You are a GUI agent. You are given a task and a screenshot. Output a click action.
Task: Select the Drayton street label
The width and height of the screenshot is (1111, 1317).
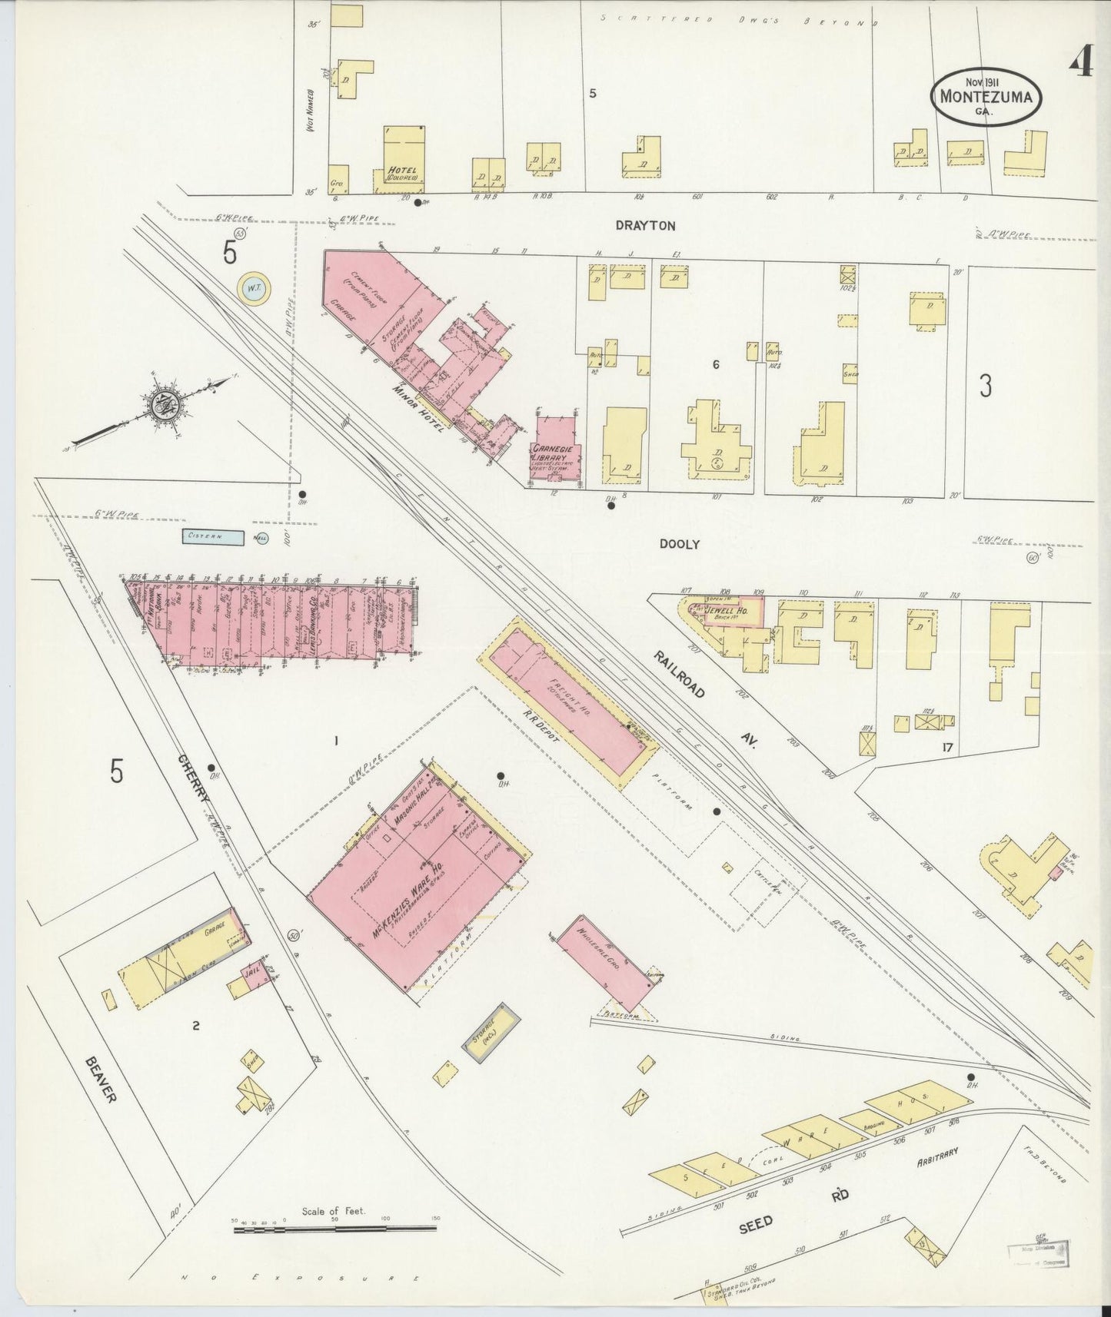[x=645, y=226]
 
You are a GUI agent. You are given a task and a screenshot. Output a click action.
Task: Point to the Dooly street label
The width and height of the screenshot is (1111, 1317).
[x=680, y=544]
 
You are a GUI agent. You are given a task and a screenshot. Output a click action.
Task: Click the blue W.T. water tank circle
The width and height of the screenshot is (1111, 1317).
[x=254, y=289]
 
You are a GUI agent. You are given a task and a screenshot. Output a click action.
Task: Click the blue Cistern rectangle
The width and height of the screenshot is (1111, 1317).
[x=213, y=537]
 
